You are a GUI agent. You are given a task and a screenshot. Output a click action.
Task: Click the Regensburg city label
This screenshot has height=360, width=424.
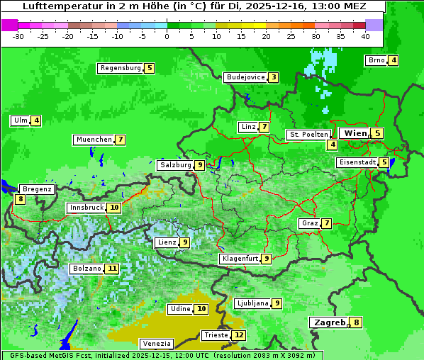(x=121, y=68)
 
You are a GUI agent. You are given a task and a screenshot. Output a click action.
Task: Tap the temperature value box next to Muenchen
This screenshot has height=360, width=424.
(x=121, y=140)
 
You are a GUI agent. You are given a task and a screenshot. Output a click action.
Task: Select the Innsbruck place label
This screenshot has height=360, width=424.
(x=86, y=208)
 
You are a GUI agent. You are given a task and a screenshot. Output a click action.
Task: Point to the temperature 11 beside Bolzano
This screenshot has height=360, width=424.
(x=112, y=269)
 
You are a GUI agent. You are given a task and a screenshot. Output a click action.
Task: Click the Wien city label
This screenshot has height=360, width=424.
(x=355, y=133)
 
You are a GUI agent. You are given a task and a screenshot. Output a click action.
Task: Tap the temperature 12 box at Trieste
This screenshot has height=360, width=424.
(x=239, y=335)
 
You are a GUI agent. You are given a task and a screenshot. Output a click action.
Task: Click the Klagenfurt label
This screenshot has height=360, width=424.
(x=240, y=259)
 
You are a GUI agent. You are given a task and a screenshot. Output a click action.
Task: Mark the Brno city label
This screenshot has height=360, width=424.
(x=376, y=60)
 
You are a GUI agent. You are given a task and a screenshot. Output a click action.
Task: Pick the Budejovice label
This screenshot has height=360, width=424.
(x=245, y=77)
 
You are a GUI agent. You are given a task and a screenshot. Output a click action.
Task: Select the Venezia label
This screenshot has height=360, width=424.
(x=156, y=344)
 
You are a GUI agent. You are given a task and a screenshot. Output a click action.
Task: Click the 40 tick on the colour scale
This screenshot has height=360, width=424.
(x=365, y=35)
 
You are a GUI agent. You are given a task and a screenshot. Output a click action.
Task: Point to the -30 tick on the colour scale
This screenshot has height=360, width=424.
(x=18, y=35)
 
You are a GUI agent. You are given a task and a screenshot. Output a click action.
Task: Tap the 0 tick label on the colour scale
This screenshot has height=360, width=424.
(x=167, y=35)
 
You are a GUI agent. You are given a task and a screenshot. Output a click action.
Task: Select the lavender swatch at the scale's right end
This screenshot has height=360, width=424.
(x=374, y=24)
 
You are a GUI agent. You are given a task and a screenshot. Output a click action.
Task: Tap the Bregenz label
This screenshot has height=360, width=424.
(x=37, y=189)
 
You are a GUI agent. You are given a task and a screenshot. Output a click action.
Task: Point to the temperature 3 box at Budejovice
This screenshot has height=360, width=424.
(x=273, y=77)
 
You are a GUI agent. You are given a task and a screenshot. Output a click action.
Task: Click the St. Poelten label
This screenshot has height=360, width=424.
(x=308, y=134)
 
